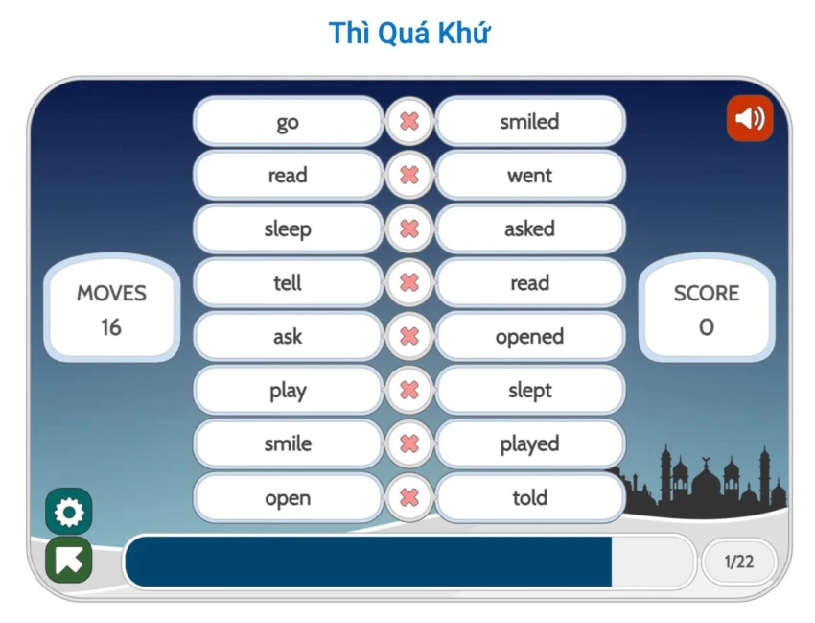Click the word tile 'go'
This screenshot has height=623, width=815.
(288, 122)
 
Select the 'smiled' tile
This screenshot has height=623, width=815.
(529, 122)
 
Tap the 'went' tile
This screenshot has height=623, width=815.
(529, 176)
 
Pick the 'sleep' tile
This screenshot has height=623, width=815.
(288, 229)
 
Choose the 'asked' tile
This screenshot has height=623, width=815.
(529, 229)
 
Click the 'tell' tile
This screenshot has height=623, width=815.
(288, 283)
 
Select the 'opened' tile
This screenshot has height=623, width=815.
(529, 337)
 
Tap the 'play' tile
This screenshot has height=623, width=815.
(288, 391)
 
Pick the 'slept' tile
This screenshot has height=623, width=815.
(529, 391)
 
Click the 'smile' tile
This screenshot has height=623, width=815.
(288, 444)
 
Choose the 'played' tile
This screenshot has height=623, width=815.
(529, 444)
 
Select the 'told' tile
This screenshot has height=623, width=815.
(529, 498)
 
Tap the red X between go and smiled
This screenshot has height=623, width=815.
(409, 122)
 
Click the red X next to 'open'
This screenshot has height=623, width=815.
(409, 498)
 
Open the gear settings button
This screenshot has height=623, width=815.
(69, 513)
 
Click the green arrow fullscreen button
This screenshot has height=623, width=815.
(69, 561)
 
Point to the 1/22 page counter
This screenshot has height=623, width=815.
(738, 562)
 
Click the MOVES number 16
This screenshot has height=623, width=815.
(111, 327)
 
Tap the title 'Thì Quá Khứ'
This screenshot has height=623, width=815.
(409, 33)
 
